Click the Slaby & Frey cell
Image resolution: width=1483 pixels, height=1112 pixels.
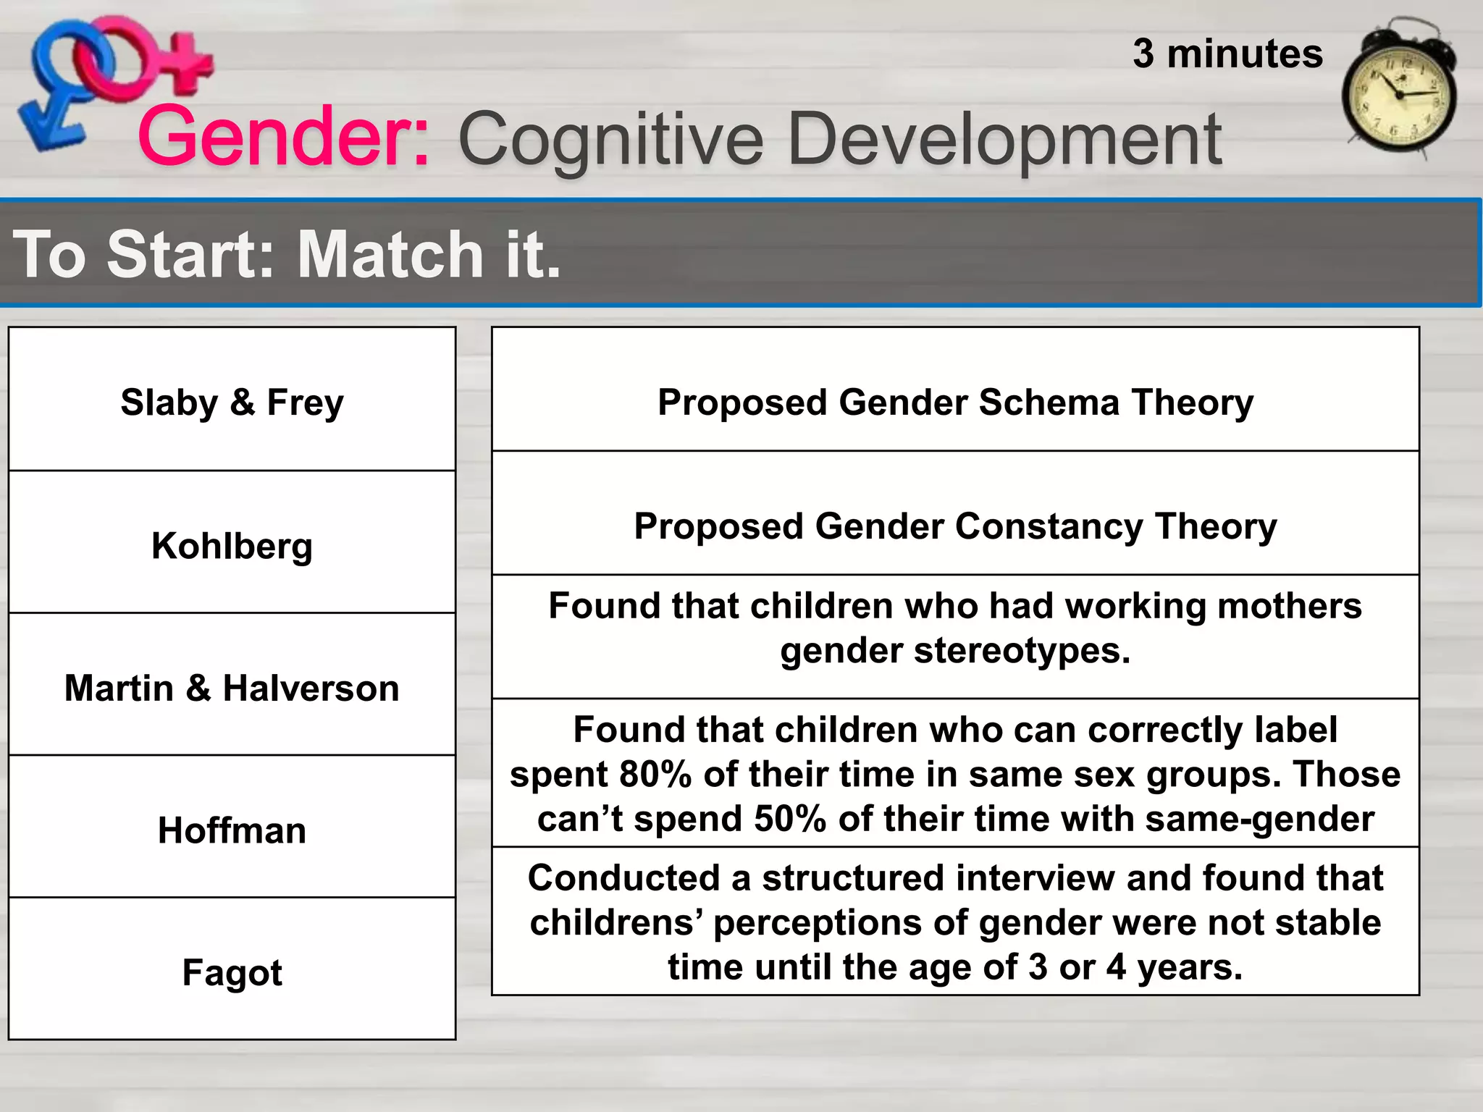232,402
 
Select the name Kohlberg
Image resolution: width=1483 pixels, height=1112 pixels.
232,545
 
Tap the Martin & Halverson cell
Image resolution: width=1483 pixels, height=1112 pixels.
232,688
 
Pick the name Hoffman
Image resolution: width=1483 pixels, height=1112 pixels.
232,830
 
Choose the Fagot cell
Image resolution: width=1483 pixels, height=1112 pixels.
232,972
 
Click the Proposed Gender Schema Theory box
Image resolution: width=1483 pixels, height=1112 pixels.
955,402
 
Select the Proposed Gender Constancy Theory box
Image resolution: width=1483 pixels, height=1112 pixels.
955,526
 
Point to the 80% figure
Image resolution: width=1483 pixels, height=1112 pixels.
655,774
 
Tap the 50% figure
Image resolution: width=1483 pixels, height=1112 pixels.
790,819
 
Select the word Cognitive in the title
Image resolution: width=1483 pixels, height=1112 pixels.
610,139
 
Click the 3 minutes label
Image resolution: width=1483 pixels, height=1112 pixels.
1227,54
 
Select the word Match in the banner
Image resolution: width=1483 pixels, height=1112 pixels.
390,254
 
